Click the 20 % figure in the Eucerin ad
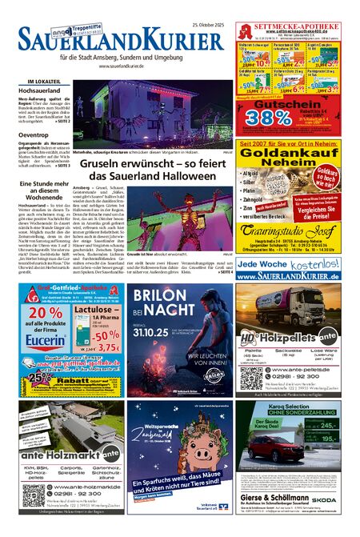(46, 313)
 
